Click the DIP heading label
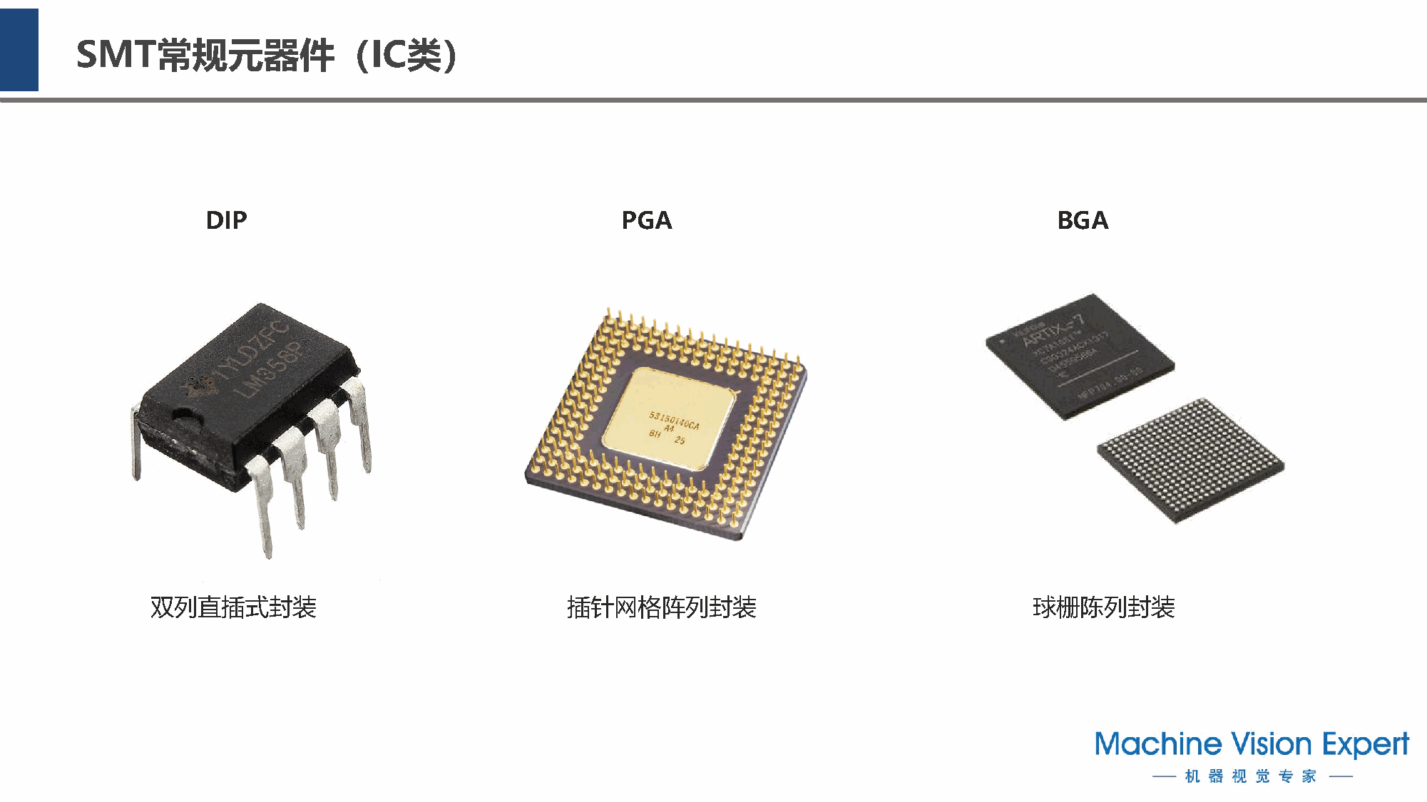coord(226,220)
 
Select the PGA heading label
coord(646,220)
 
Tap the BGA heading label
coord(1082,220)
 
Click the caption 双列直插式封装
coord(233,607)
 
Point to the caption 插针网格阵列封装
coord(661,607)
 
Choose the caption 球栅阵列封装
coord(1103,607)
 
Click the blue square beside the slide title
coord(19,50)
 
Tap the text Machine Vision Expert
coord(1252,744)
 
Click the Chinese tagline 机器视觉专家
coord(1251,776)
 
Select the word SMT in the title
coord(116,55)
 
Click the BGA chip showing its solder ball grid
coord(1190,460)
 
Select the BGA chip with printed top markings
coord(1079,354)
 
